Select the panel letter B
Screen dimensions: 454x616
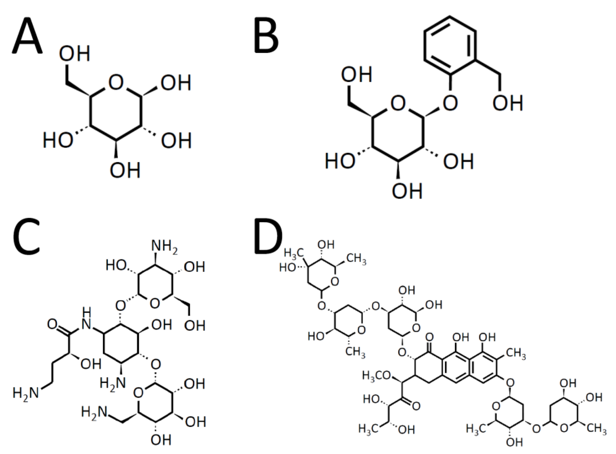(266, 36)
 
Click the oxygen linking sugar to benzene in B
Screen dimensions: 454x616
(450, 103)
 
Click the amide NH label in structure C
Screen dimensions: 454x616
(86, 321)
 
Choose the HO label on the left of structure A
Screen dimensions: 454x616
(58, 140)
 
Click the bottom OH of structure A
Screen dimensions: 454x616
(125, 170)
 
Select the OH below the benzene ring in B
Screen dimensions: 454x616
(507, 103)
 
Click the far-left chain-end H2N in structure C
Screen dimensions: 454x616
(25, 392)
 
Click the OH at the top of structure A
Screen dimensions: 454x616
(75, 54)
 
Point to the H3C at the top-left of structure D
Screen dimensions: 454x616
(293, 253)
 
